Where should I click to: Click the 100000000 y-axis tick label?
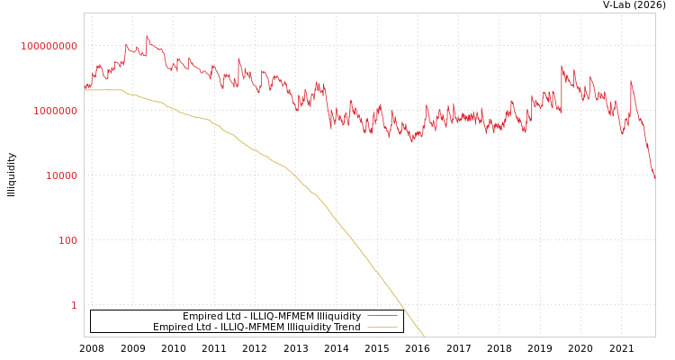click(x=49, y=46)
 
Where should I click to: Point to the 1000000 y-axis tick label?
click(x=56, y=111)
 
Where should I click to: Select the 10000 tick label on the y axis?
click(x=62, y=175)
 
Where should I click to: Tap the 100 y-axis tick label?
click(x=68, y=240)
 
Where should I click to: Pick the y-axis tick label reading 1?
click(x=74, y=305)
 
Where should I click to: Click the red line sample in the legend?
click(x=382, y=317)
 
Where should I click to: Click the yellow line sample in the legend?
click(x=382, y=328)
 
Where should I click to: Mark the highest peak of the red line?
click(x=147, y=37)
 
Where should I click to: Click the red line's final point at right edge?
click(x=654, y=178)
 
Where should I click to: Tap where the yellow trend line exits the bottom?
click(x=424, y=336)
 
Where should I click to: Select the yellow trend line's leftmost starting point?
click(x=85, y=90)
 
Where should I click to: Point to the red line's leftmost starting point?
click(x=85, y=89)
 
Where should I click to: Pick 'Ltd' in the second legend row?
click(x=203, y=328)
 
